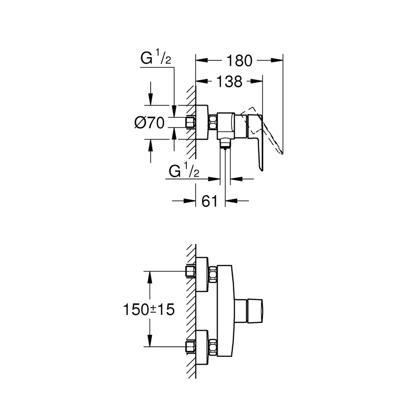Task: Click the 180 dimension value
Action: click(x=239, y=60)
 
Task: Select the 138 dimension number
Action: click(x=229, y=82)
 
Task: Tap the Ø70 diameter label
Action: click(x=149, y=123)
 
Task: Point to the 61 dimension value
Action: click(x=210, y=201)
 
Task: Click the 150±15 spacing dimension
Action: click(x=149, y=309)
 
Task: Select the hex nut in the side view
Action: click(x=213, y=122)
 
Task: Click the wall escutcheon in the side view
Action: click(x=202, y=122)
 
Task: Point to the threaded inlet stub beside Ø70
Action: click(x=190, y=122)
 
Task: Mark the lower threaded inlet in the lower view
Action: click(x=190, y=346)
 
